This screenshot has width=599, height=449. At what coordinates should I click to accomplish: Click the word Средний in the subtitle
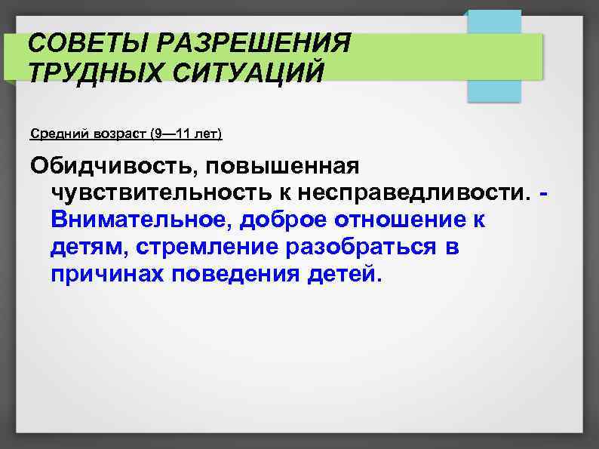[58, 134]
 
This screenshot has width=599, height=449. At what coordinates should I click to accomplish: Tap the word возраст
[118, 134]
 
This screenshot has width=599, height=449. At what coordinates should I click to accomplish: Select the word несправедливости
[419, 194]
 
